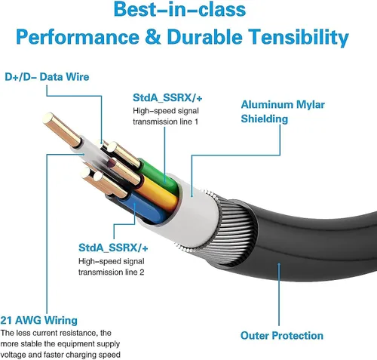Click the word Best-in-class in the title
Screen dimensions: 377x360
pyautogui.click(x=179, y=9)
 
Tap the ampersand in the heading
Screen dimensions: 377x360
pyautogui.click(x=153, y=36)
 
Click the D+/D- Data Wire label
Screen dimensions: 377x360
pyautogui.click(x=47, y=77)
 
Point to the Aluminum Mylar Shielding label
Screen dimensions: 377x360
pyautogui.click(x=283, y=112)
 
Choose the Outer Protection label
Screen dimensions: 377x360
pyautogui.click(x=282, y=336)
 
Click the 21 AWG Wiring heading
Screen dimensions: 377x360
pyautogui.click(x=38, y=320)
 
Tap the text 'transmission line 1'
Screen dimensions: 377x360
pyautogui.click(x=165, y=122)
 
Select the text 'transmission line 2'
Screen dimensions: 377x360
pyautogui.click(x=111, y=272)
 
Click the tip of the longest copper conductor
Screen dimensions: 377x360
pyautogui.click(x=48, y=118)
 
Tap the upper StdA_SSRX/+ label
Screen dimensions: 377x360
pyautogui.click(x=167, y=98)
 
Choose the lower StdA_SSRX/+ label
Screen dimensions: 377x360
pyautogui.click(x=113, y=248)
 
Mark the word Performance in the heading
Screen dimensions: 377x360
pyautogui.click(x=78, y=37)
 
